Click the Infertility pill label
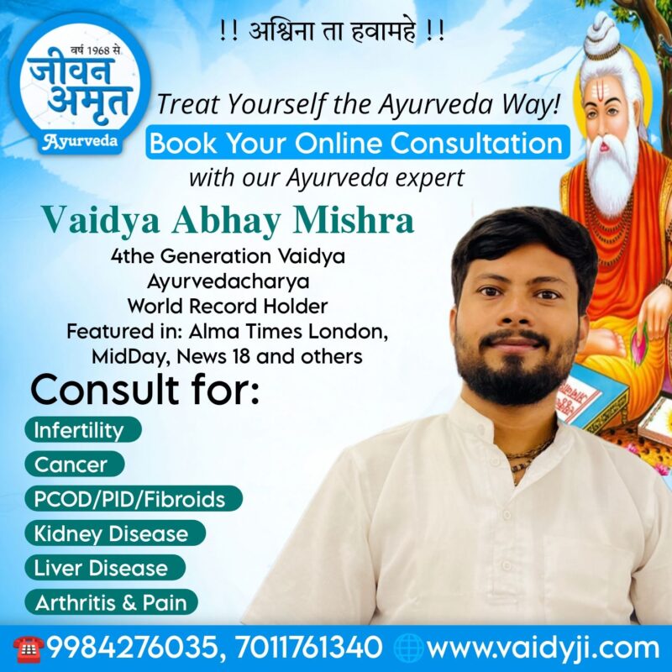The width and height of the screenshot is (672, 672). pos(83,429)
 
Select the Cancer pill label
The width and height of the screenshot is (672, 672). pos(75,465)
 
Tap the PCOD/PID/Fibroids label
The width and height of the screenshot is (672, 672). pos(134,499)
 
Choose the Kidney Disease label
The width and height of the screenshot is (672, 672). pos(115,533)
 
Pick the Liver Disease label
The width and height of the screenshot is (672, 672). pos(105,568)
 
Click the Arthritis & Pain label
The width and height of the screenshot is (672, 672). pos(112,602)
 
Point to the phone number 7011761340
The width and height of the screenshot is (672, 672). pos(308,647)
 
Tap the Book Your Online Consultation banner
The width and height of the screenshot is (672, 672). pos(358,142)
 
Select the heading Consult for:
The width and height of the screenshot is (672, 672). pos(145,389)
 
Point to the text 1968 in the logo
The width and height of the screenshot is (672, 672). pos(99,51)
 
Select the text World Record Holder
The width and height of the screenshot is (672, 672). pos(227,306)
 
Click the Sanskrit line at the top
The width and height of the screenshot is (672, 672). pos(331,32)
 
